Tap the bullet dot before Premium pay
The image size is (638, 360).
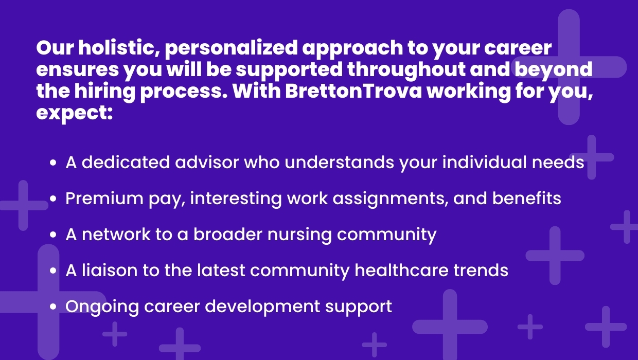(x=53, y=199)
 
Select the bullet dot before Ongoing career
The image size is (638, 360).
(x=53, y=307)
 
